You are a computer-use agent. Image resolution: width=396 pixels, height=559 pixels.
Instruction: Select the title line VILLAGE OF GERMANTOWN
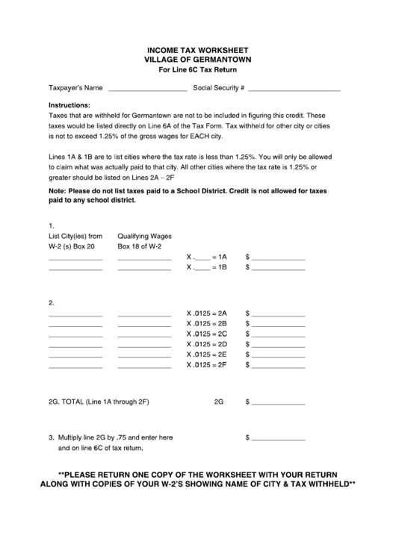[x=198, y=58]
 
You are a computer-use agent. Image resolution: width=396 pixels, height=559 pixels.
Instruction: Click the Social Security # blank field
[x=293, y=89]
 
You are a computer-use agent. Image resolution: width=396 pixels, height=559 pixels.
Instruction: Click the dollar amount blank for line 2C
[x=279, y=335]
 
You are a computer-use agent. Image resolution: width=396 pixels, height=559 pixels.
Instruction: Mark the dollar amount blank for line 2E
[x=279, y=356]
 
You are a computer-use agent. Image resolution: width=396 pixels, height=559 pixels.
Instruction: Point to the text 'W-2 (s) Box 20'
[x=72, y=246]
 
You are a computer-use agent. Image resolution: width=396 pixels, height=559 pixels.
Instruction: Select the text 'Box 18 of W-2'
[x=139, y=246]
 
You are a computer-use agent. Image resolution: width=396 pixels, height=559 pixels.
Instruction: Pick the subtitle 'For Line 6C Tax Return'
[x=198, y=69]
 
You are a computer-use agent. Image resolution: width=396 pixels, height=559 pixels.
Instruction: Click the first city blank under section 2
[x=75, y=314]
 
